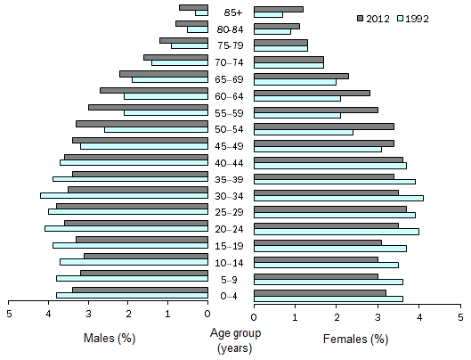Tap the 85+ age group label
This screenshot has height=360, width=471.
pyautogui.click(x=231, y=12)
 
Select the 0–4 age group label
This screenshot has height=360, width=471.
pyautogui.click(x=231, y=296)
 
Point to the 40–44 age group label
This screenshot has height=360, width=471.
pyautogui.click(x=231, y=162)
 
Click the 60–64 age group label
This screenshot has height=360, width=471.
pyautogui.click(x=231, y=96)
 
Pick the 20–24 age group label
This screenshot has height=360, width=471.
pyautogui.click(x=231, y=229)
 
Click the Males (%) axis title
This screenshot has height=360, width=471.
pyautogui.click(x=109, y=339)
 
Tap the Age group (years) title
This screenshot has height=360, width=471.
pyautogui.click(x=231, y=340)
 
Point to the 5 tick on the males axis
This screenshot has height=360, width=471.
pyautogui.click(x=9, y=314)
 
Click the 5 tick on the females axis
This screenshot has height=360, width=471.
pyautogui.click(x=460, y=314)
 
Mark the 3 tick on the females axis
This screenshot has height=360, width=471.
pyautogui.click(x=378, y=314)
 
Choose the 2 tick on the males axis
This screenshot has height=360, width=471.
pyautogui.click(x=128, y=314)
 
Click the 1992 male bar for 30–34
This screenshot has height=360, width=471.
pyautogui.click(x=124, y=195)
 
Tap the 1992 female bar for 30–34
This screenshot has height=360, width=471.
pyautogui.click(x=338, y=198)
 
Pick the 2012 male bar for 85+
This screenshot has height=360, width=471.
pyautogui.click(x=193, y=7)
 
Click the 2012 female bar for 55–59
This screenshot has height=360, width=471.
pyautogui.click(x=315, y=110)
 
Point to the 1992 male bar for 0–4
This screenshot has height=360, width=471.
pyautogui.click(x=132, y=295)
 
